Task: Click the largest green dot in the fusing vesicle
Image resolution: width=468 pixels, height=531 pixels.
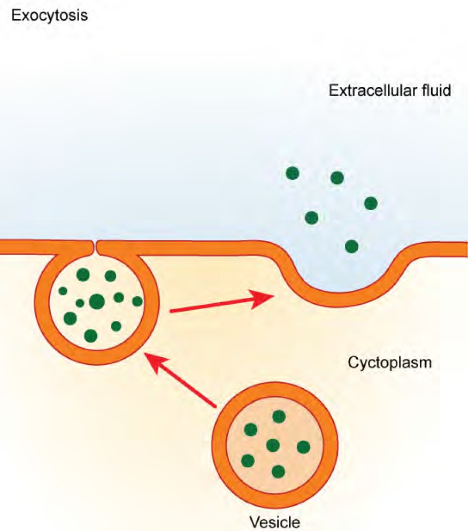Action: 97,302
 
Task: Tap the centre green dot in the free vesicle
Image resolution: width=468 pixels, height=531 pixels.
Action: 273,445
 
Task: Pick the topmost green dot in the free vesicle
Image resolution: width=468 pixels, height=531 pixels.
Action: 279,417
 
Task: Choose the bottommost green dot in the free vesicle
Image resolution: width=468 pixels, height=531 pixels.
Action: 278,471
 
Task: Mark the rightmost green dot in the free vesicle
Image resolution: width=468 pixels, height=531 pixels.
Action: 303,447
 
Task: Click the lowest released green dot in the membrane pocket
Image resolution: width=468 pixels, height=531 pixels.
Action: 351,246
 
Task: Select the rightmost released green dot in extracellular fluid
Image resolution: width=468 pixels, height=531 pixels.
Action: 371,203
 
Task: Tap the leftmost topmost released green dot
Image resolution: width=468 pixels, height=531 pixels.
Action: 293,173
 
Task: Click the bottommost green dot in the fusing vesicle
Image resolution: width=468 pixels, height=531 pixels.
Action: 91,335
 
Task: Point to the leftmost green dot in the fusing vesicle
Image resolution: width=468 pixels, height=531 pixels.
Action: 63,291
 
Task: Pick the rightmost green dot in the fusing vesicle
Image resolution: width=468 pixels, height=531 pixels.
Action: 137,301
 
